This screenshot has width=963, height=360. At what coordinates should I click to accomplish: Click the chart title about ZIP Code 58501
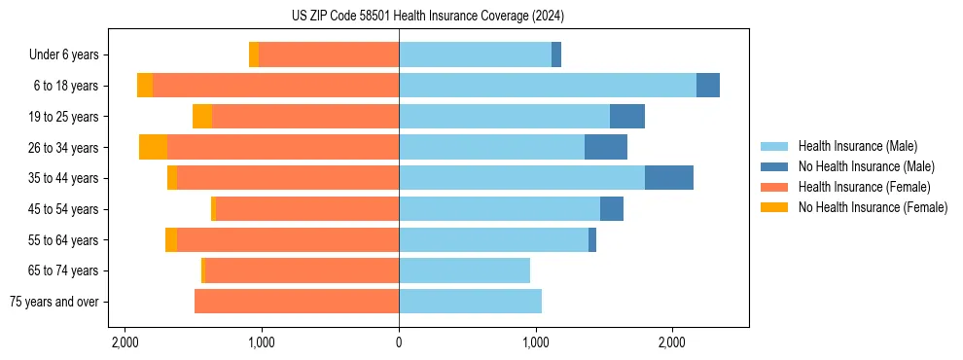click(x=427, y=17)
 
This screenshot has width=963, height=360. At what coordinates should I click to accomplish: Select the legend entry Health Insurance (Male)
click(x=856, y=146)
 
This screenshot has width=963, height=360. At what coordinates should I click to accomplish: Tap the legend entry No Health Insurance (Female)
click(x=873, y=207)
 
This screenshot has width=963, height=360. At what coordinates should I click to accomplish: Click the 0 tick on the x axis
click(x=399, y=342)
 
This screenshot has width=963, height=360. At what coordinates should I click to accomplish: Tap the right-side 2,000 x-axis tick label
click(x=672, y=342)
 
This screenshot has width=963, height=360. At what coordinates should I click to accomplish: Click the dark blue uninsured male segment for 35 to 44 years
click(x=669, y=178)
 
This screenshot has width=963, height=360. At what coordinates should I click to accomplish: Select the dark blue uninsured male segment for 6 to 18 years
click(x=708, y=86)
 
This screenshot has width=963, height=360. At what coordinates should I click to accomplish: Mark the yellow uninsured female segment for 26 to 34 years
click(x=153, y=147)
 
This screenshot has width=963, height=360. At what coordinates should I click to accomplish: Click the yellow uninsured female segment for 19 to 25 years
click(x=202, y=117)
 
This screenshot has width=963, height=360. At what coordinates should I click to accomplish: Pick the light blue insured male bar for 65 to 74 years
click(x=464, y=270)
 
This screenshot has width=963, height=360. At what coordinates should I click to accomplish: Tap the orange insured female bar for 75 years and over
click(x=297, y=302)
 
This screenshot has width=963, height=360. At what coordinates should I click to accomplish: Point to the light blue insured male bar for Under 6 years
click(x=475, y=54)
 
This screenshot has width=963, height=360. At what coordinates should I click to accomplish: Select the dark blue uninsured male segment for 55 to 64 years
click(x=592, y=240)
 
